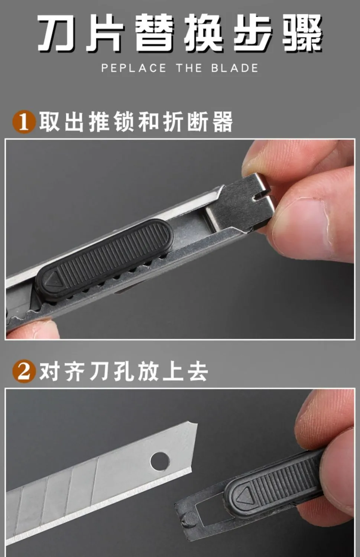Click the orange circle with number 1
tap(24, 122)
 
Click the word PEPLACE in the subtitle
tap(134, 68)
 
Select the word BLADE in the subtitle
tap(234, 68)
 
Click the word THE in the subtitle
tap(189, 68)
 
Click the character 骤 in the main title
tap(302, 33)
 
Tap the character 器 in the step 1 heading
tap(223, 121)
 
